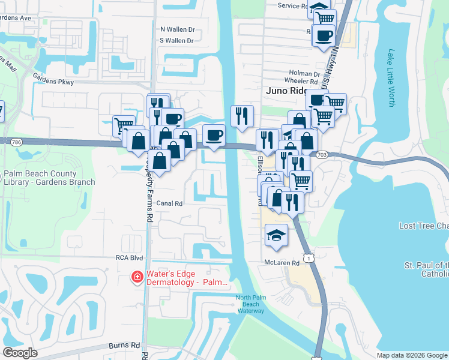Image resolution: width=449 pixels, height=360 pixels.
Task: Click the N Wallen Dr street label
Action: tap(177, 29)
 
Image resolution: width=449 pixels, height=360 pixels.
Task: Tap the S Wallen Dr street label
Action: tap(177, 41)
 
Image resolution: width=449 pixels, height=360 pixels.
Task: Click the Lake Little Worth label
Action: tap(391, 78)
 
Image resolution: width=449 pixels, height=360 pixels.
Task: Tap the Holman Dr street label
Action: tap(303, 73)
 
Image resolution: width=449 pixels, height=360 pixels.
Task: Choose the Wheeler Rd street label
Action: tap(301, 82)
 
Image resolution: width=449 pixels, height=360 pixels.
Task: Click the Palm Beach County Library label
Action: tap(49, 178)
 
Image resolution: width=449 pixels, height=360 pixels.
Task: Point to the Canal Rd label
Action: tap(169, 203)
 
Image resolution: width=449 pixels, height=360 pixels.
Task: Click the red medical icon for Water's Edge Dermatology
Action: tap(137, 277)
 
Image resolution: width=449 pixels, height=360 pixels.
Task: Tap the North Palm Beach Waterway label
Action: tap(250, 304)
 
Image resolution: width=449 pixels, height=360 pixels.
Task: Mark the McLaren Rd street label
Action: tap(282, 263)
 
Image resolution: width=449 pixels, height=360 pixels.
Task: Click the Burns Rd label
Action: tap(124, 346)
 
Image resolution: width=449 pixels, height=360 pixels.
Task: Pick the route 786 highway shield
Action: tap(16, 142)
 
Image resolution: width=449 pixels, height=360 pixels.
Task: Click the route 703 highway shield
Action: tap(322, 154)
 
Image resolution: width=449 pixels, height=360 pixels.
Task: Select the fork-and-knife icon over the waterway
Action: tap(242, 115)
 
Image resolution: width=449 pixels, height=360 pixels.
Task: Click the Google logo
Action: tap(20, 353)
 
